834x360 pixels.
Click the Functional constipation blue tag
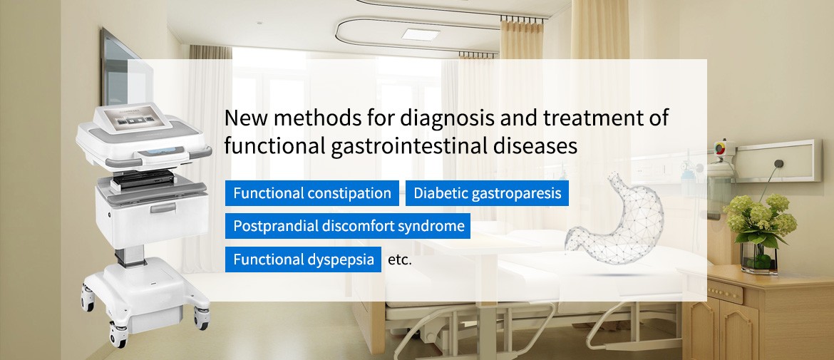pos(312,193)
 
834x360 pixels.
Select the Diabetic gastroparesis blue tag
pos(487,193)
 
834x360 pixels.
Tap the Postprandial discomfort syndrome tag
pos(348,226)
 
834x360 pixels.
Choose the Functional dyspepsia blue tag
pos(303,259)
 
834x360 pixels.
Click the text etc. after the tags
pos(400,261)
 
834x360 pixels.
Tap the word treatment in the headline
pos(590,118)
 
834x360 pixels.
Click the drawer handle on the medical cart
pos(163,207)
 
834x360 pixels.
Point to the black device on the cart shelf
pos(143,180)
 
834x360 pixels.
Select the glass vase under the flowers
pos(759,257)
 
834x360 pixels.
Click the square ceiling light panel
pos(421,34)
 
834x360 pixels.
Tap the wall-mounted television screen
pos(127,69)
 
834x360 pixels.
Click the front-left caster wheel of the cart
pos(118,336)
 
